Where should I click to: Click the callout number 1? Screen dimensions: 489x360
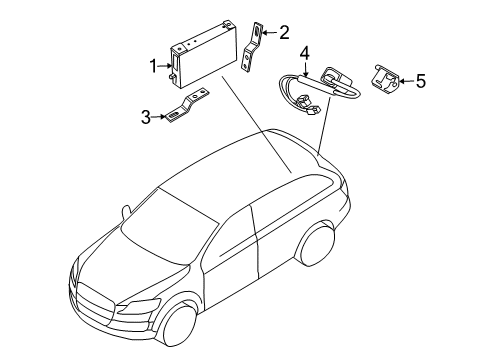point(153,66)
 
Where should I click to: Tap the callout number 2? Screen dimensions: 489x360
point(284,33)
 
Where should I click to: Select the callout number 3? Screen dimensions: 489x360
point(146,117)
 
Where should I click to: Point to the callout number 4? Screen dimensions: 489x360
point(305,54)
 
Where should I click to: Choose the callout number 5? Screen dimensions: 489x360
point(421,81)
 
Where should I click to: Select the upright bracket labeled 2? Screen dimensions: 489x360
point(252,47)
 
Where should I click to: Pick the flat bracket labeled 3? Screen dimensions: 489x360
point(187,105)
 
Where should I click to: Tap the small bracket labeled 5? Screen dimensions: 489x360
point(385,79)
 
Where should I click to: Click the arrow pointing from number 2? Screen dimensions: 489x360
point(270,32)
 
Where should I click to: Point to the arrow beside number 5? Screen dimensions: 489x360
point(407,81)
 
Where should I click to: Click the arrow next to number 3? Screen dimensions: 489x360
point(158,117)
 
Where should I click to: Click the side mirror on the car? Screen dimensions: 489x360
point(126,213)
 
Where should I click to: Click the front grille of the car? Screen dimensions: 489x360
point(94,303)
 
